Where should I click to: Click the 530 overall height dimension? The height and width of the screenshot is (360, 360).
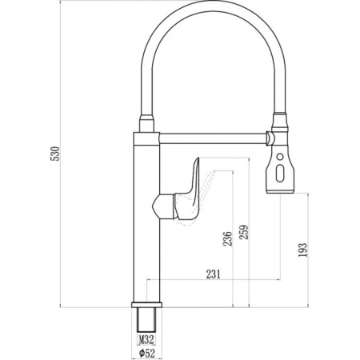56,154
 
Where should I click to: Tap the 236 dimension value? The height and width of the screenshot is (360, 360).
227,238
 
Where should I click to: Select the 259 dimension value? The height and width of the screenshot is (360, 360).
244,232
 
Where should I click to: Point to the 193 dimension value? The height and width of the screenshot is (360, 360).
302,250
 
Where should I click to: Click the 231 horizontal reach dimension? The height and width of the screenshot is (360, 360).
214,274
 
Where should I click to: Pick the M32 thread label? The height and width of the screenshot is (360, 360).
146,340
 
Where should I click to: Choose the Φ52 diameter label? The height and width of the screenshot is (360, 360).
146,354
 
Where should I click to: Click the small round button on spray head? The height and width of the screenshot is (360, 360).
280,157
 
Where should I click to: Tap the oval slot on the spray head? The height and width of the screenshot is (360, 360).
280,174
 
